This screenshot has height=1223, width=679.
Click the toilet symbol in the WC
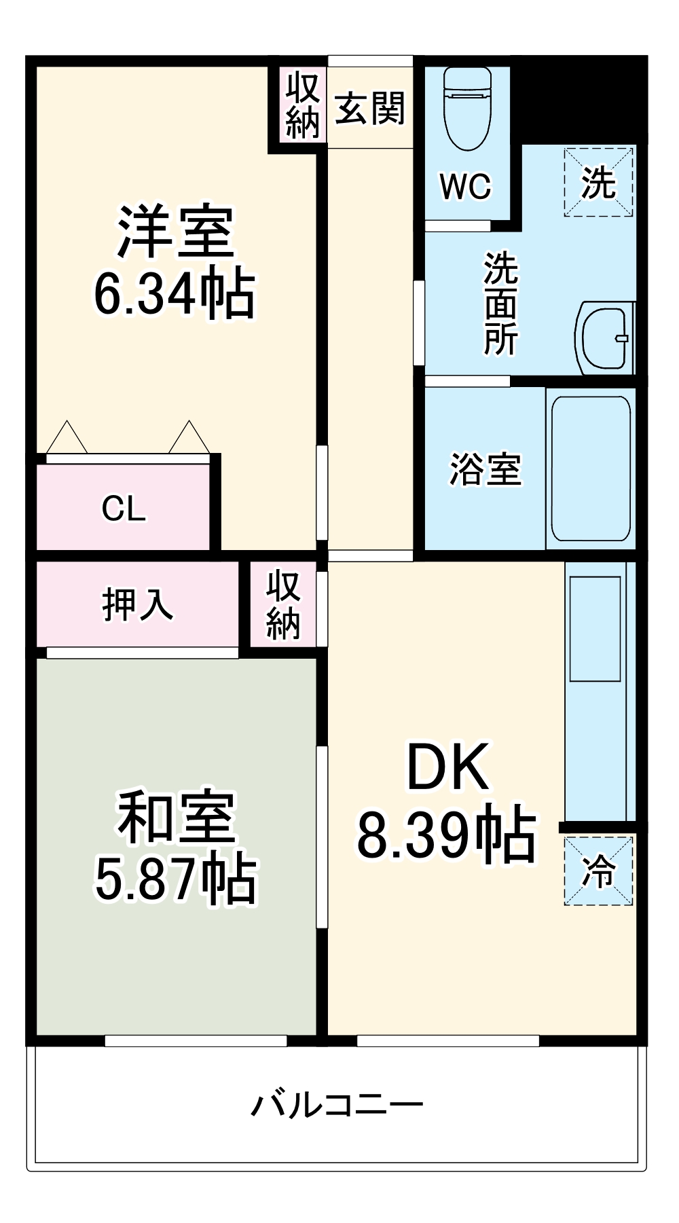467,109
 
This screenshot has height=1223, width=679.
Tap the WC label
465,186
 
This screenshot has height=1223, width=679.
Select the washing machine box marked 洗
598,182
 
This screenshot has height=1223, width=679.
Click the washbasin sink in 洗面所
604,337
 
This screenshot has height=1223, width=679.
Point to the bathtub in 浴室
591,469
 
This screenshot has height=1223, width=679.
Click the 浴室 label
485,469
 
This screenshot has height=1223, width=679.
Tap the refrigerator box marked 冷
598,871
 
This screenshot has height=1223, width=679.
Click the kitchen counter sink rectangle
595,629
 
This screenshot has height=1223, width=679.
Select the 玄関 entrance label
370,108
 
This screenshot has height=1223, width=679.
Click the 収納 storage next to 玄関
301,106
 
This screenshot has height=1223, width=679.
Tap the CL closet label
124,508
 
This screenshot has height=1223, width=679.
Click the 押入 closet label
138,604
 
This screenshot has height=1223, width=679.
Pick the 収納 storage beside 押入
283,605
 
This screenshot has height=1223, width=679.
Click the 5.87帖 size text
176,879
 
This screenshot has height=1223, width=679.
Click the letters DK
447,767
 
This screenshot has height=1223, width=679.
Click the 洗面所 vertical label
500,304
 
